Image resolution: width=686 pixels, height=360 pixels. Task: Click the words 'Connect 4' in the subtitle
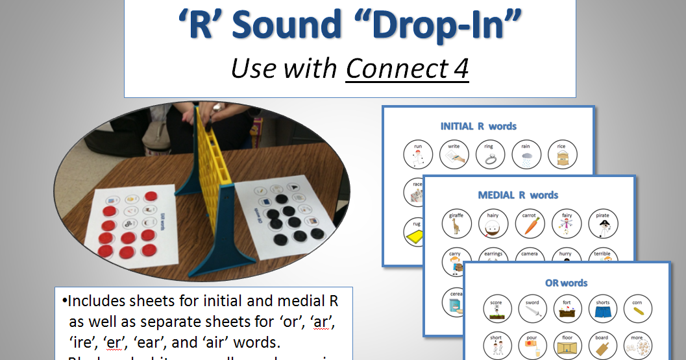click(407, 68)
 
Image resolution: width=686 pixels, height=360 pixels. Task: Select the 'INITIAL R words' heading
click(478, 126)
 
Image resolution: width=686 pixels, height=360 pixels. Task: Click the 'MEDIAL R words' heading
click(518, 195)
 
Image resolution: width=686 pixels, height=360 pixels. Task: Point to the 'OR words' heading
click(567, 283)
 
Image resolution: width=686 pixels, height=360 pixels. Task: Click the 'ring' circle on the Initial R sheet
click(489, 155)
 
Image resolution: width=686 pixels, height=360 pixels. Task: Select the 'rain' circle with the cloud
click(525, 155)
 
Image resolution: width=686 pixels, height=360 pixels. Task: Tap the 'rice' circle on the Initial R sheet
click(561, 155)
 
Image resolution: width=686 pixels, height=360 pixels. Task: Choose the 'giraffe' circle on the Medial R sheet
click(456, 224)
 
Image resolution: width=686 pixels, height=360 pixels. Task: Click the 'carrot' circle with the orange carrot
click(529, 224)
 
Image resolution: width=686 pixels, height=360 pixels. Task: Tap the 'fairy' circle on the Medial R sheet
click(565, 224)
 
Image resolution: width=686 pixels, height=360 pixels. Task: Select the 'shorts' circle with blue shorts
click(602, 310)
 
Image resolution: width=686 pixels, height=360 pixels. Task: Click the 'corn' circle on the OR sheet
click(637, 310)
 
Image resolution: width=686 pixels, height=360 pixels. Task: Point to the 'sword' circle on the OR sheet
click(532, 310)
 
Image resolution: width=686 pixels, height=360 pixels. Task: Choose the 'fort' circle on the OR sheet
click(567, 310)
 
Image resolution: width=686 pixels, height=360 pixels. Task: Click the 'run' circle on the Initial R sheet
click(417, 155)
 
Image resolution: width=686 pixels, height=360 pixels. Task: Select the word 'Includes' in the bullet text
click(97, 301)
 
